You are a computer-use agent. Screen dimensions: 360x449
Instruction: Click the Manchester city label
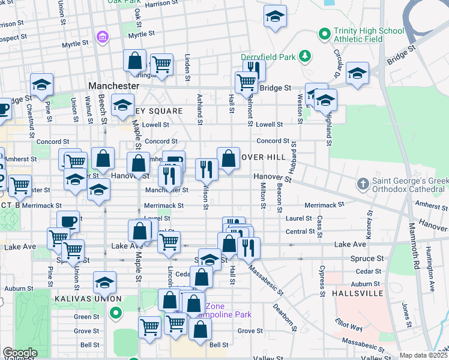(113, 86)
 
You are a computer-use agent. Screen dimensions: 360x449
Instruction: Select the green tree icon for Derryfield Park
(306, 56)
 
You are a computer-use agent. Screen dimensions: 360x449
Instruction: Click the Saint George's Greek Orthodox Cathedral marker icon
(361, 182)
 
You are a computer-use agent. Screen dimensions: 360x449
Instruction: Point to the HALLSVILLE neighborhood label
(357, 293)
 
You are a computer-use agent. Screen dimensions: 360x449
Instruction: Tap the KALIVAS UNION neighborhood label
(91, 299)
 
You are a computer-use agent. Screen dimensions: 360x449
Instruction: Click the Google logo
(20, 353)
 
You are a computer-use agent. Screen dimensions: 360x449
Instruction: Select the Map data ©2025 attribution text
(423, 355)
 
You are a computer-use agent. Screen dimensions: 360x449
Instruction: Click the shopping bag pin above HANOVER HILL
(229, 159)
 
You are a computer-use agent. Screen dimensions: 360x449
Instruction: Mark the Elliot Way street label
(349, 324)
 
